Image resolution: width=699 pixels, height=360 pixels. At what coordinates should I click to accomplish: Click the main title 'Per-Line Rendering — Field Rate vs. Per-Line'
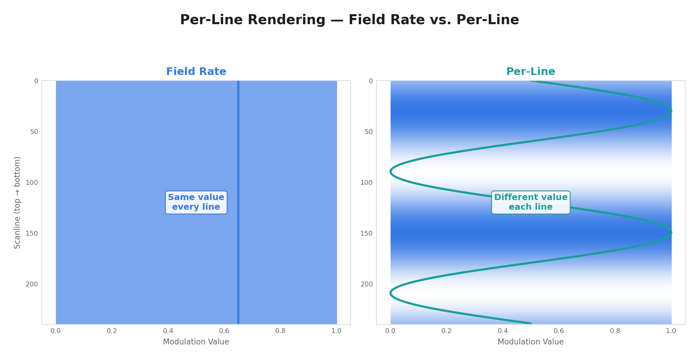[349, 20]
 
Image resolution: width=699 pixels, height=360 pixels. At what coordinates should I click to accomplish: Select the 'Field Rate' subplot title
[196, 72]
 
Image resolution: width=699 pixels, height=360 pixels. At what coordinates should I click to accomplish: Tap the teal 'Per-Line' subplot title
[530, 72]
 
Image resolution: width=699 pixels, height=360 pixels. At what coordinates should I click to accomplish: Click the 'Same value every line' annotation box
[196, 202]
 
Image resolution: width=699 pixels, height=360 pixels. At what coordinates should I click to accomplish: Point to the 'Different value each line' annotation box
[530, 202]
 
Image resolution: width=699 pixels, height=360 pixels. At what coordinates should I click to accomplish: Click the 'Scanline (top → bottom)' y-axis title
[17, 202]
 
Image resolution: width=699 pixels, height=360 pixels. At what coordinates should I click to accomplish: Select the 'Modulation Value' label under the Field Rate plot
[196, 342]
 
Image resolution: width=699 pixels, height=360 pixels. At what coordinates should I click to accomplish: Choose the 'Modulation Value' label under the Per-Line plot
[530, 342]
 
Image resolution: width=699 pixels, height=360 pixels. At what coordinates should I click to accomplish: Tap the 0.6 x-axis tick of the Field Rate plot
[224, 331]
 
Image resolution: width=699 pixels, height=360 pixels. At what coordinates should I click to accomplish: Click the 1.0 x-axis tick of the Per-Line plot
[671, 331]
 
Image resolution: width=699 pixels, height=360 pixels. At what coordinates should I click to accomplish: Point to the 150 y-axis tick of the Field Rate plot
[32, 233]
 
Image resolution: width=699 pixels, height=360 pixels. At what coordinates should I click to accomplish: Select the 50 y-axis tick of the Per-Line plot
[368, 132]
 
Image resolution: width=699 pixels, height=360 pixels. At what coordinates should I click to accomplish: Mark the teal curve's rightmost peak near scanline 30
[671, 111]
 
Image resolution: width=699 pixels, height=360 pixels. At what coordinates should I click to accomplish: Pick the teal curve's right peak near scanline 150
[671, 233]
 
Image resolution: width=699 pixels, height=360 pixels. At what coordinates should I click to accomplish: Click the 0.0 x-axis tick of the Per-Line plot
[390, 331]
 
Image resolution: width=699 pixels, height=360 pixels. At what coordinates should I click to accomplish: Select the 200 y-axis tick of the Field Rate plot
[32, 284]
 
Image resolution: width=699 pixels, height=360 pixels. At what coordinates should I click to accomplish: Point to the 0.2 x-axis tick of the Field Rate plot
[112, 331]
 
